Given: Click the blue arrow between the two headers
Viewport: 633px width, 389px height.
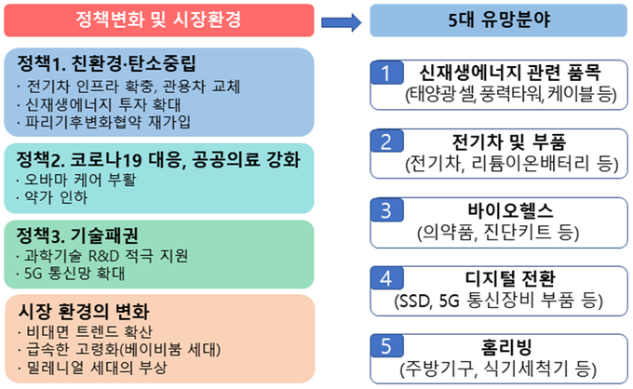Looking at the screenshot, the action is [x=341, y=22].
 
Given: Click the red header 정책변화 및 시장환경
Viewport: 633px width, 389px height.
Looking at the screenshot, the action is [x=159, y=20].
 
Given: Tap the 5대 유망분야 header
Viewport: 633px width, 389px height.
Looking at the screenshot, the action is [x=499, y=20].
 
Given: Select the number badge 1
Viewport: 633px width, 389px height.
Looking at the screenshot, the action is [x=386, y=73].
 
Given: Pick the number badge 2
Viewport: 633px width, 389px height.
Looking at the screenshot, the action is [x=386, y=141].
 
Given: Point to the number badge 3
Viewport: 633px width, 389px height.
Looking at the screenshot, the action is [x=386, y=209].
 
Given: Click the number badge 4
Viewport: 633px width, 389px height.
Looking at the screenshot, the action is [x=386, y=278].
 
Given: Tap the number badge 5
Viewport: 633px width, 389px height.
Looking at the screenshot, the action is [x=386, y=346].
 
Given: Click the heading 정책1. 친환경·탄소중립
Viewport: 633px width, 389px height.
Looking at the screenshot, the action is [x=106, y=63].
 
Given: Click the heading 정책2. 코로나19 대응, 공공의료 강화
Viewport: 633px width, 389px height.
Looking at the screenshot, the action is [x=158, y=160].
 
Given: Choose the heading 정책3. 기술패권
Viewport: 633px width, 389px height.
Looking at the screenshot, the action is [x=77, y=235].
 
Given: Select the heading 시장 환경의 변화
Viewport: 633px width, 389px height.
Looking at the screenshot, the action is [x=84, y=311].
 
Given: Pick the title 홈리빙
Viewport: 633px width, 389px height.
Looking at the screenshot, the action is [x=506, y=346].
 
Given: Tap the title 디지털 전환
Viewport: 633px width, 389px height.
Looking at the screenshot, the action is [x=510, y=278].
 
